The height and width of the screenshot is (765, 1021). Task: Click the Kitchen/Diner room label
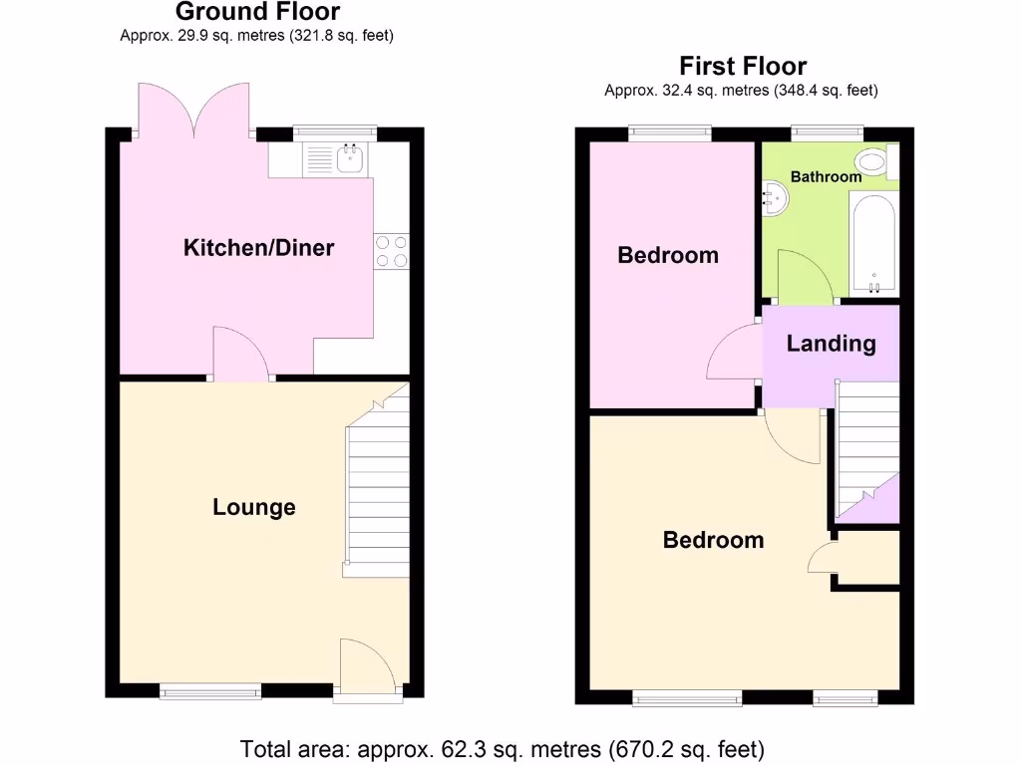click(x=258, y=248)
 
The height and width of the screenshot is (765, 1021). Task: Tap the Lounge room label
click(x=254, y=507)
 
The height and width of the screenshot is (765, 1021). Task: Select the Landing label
click(x=831, y=344)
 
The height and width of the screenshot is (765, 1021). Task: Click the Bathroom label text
click(x=826, y=176)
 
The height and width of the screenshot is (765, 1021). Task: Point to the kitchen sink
click(x=349, y=157)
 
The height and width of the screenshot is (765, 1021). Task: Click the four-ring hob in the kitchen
click(x=391, y=250)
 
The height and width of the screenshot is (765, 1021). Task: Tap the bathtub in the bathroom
click(x=874, y=243)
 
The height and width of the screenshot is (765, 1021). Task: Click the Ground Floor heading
click(x=257, y=12)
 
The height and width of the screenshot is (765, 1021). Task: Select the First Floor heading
click(x=743, y=66)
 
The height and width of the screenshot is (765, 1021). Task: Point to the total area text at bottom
click(x=502, y=747)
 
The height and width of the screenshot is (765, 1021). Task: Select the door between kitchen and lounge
click(x=241, y=358)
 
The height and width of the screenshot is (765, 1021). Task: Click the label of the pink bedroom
click(x=667, y=255)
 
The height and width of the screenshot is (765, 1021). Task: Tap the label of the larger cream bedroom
click(x=713, y=540)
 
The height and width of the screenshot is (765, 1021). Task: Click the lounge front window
click(x=211, y=690)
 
